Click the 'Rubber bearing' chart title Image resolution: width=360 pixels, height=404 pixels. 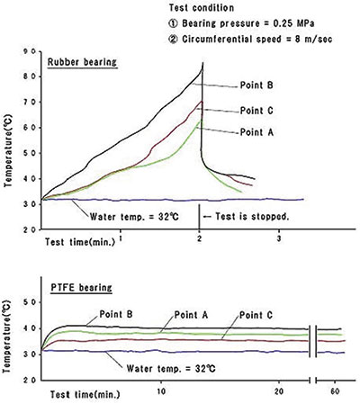coord(82,62)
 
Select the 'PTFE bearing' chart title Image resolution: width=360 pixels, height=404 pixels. coord(81,288)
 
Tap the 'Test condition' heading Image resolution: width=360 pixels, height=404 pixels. coord(202,7)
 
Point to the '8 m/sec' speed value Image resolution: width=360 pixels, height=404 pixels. coord(313,40)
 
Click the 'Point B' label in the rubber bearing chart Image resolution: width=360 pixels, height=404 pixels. coord(256,85)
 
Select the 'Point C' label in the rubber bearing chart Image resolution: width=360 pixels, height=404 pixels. coord(256,111)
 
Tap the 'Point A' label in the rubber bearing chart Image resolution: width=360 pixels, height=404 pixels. coord(256,132)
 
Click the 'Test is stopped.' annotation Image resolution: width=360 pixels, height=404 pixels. coord(252,216)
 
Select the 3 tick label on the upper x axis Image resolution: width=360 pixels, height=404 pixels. coord(279,239)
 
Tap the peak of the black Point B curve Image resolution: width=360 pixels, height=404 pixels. coord(203,62)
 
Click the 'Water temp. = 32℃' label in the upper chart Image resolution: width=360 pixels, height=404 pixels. coord(134,216)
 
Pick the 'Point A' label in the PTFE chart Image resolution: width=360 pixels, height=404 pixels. coord(191,315)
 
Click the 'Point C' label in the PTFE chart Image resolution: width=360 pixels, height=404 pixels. coord(256,315)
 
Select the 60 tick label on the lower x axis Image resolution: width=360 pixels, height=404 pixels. coord(335,391)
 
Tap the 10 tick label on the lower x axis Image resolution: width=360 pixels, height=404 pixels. coord(161,391)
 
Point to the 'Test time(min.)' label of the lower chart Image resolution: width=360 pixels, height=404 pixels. coord(85,394)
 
